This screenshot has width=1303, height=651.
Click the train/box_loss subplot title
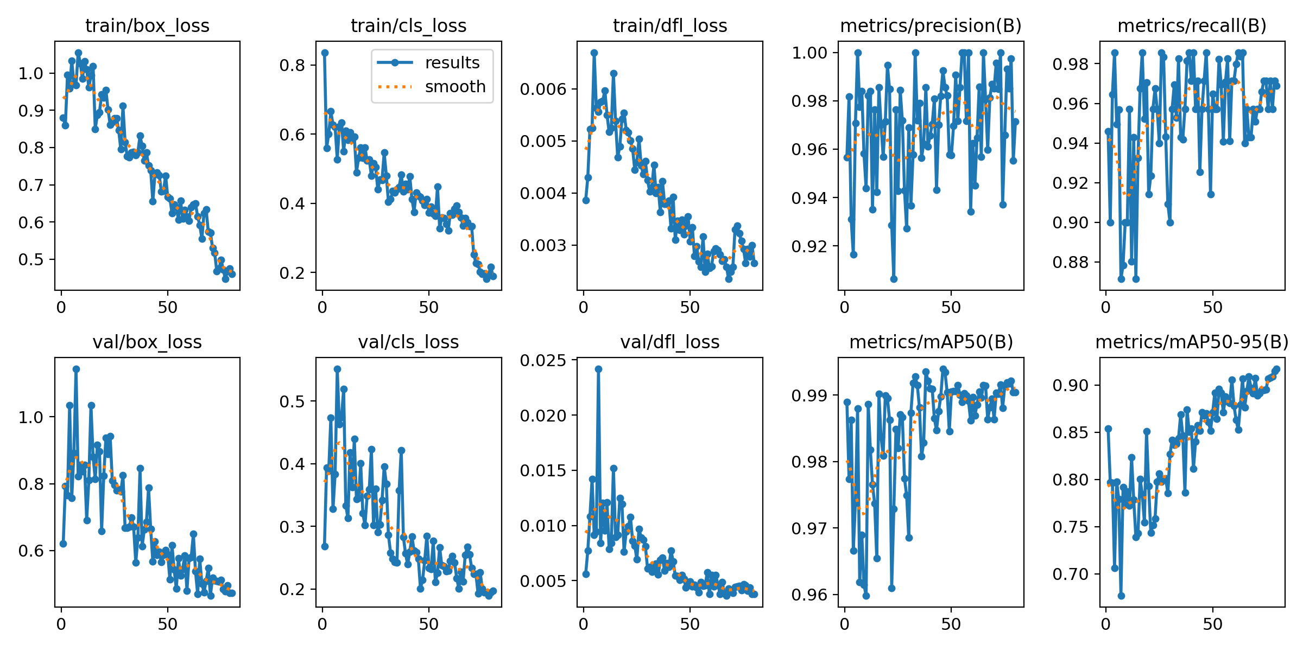(147, 26)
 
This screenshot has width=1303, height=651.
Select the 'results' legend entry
(452, 63)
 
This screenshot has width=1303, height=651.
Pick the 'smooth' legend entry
(455, 87)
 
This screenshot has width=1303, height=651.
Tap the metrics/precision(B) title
(931, 26)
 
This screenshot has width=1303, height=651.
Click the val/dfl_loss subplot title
(670, 342)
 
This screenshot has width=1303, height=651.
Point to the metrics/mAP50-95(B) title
(1192, 342)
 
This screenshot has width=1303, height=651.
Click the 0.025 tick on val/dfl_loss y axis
(543, 361)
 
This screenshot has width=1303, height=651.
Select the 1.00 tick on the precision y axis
(809, 53)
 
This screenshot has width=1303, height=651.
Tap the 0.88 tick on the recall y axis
(1071, 263)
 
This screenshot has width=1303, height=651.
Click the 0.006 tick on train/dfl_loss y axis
(543, 90)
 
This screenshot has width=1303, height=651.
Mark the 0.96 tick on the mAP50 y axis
(809, 595)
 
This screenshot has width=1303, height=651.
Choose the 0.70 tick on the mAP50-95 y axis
(1071, 574)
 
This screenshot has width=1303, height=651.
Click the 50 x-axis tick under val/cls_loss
(428, 624)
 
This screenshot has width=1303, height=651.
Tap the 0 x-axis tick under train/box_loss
(61, 308)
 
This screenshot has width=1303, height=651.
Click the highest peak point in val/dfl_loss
(598, 369)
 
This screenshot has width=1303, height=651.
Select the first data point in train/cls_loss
(325, 53)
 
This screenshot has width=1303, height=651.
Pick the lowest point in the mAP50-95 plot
(1121, 596)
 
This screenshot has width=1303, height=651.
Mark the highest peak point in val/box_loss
(76, 369)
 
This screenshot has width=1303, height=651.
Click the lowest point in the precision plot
(894, 279)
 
